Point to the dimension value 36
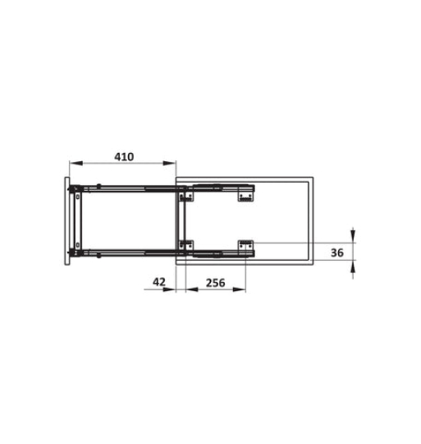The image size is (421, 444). point(336,253)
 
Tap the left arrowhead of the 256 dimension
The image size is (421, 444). point(189,289)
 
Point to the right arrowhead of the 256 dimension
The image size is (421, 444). point(242,289)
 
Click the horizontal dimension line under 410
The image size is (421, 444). point(123,162)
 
